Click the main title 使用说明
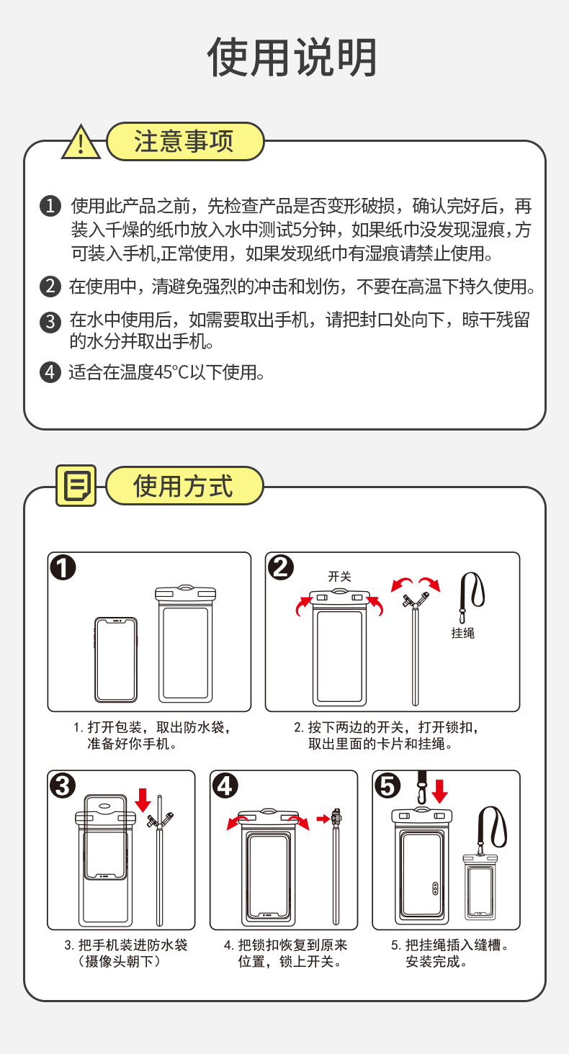(x=292, y=58)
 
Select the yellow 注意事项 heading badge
(x=184, y=141)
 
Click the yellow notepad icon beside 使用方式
(x=76, y=486)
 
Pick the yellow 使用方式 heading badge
(x=184, y=486)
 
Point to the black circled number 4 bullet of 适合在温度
(x=50, y=372)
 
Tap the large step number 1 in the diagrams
(x=63, y=568)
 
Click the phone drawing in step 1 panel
(x=115, y=659)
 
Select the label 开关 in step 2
(x=339, y=576)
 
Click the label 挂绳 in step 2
(x=463, y=633)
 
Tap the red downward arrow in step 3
(x=143, y=798)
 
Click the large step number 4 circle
(x=226, y=786)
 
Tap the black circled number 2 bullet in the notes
(x=50, y=286)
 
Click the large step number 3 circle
(x=63, y=786)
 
